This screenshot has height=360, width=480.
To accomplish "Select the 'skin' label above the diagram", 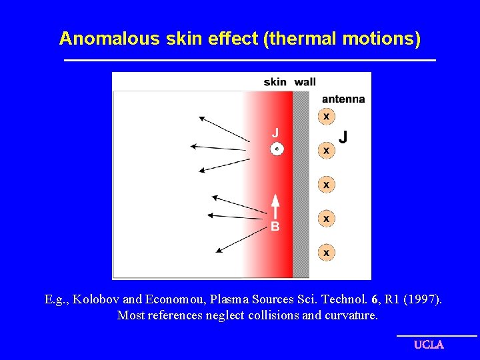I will pyautogui.click(x=275, y=81).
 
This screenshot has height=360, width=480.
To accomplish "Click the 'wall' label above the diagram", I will pyautogui.click(x=305, y=81).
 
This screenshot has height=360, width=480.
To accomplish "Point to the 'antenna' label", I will pyautogui.click(x=343, y=99).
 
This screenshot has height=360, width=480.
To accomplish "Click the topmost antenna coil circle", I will pyautogui.click(x=326, y=117).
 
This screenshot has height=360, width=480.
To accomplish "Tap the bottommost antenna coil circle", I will pyautogui.click(x=326, y=253).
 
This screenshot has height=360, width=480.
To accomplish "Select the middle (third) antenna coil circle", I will pyautogui.click(x=326, y=184).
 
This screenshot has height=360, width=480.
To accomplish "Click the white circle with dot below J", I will pyautogui.click(x=277, y=149).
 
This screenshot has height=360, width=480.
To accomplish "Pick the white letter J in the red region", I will pyautogui.click(x=275, y=133).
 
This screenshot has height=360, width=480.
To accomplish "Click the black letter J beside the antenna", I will pyautogui.click(x=343, y=137).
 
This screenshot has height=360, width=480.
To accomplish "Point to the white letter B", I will pyautogui.click(x=275, y=227).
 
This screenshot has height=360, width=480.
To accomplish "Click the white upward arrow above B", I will pyautogui.click(x=275, y=205).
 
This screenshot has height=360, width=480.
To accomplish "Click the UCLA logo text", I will pyautogui.click(x=429, y=345).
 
